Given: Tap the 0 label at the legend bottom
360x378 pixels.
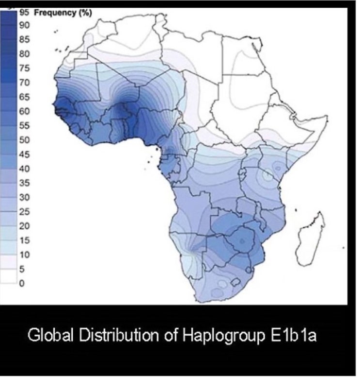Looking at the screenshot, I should (21, 283).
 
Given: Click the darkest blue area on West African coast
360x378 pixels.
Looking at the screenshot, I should (61, 111).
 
